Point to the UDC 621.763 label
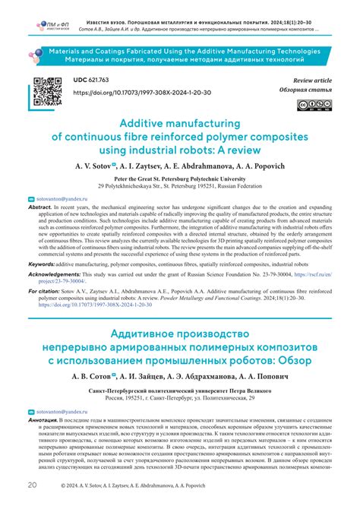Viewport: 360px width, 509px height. (x=94, y=80)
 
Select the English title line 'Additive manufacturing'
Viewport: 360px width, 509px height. (x=180, y=122)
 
